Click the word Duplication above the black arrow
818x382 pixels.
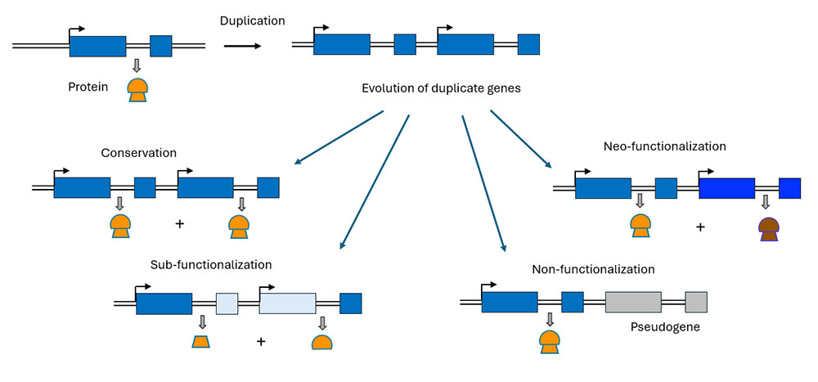pos(252,20)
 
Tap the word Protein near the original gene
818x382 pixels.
pos(90,86)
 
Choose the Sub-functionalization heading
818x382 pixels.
pos(211,264)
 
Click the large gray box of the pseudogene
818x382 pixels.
pos(633,302)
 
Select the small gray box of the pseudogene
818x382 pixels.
pos(696,302)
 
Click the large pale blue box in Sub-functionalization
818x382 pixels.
pos(287,303)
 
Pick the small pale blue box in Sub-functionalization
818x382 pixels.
pos(227,303)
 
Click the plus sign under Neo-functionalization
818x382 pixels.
pos(700,226)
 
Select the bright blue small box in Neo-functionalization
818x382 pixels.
pos(789,188)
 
